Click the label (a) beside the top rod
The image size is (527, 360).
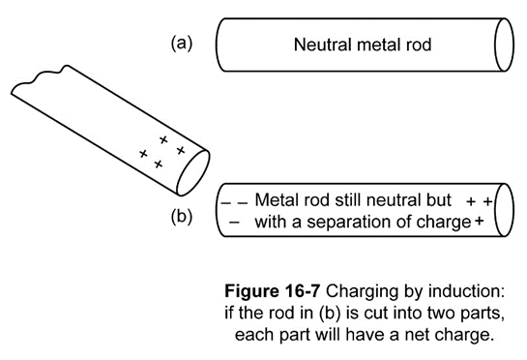(182, 44)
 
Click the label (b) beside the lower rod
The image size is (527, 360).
(182, 216)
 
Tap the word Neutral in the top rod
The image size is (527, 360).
(323, 45)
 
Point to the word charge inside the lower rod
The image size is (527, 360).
(444, 223)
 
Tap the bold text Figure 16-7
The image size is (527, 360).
(272, 291)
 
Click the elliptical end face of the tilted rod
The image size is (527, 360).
(193, 172)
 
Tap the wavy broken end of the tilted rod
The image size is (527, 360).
(41, 78)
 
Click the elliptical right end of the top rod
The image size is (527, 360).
(504, 45)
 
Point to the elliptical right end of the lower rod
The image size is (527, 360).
(504, 210)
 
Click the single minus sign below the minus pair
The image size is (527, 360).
(234, 223)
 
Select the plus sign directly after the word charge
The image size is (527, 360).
(480, 222)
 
